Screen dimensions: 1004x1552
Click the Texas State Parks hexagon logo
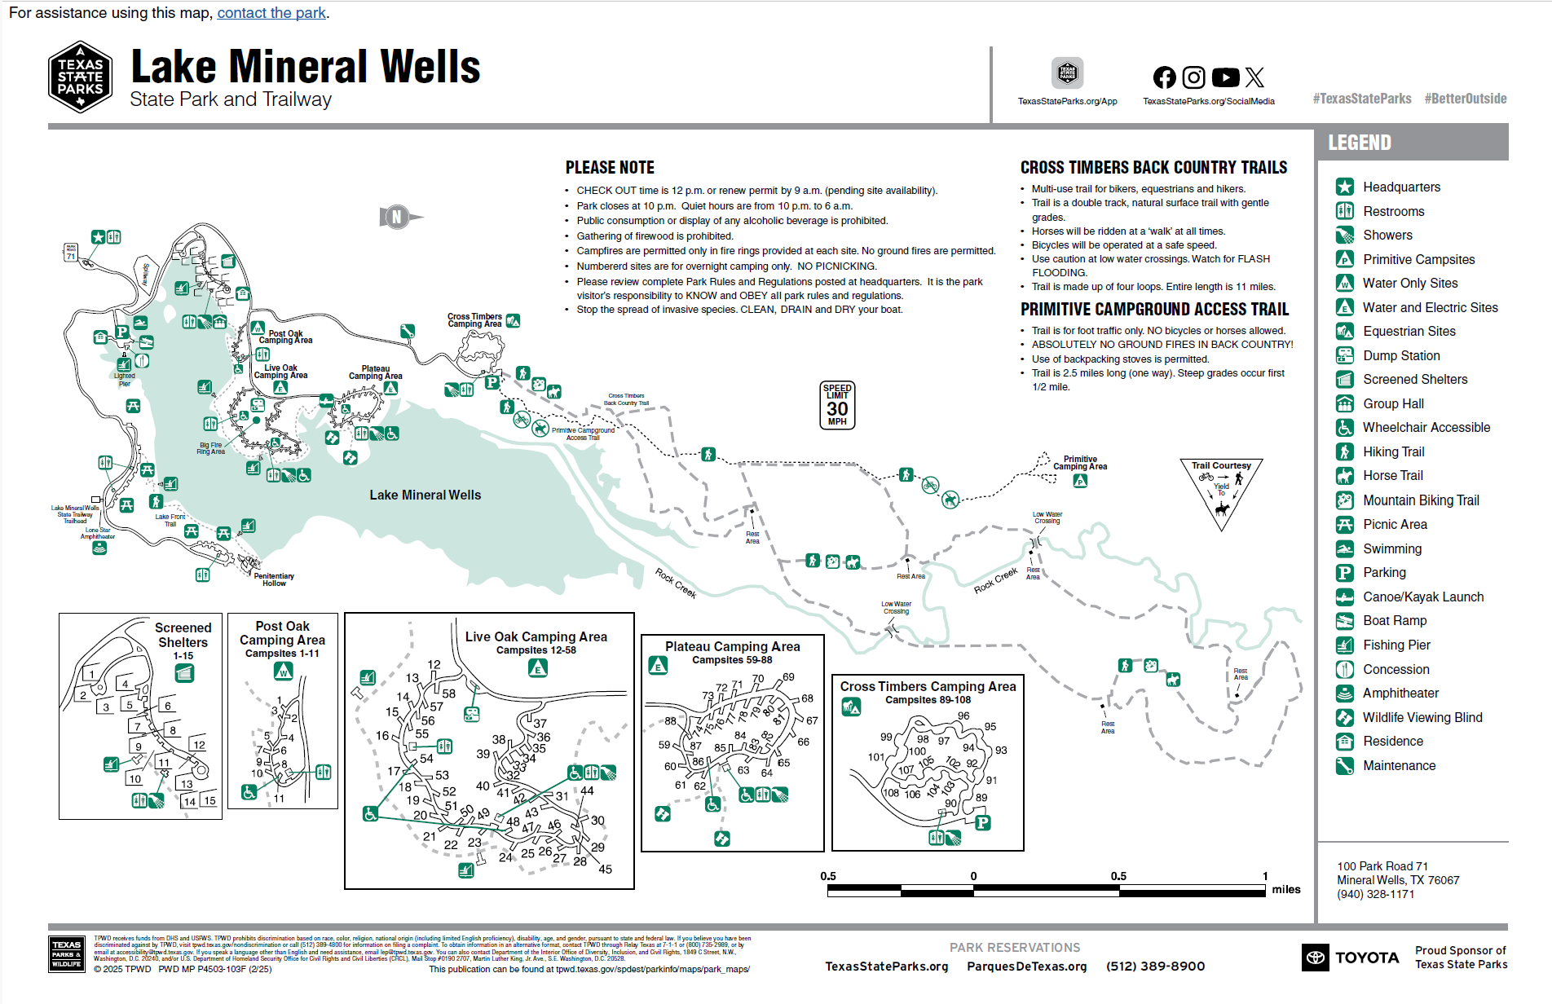click(80, 77)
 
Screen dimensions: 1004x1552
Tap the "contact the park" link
click(271, 13)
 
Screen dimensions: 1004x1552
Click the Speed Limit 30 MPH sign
click(837, 405)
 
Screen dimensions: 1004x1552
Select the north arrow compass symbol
click(397, 217)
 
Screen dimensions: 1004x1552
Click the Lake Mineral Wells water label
click(425, 495)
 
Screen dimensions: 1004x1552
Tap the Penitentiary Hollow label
click(274, 579)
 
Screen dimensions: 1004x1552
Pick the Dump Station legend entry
click(1400, 355)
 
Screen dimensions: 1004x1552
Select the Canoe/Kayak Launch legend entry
click(1422, 597)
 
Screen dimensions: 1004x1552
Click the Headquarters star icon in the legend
click(1345, 187)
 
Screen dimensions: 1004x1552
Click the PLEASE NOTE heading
click(610, 168)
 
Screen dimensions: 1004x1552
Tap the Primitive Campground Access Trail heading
click(1154, 310)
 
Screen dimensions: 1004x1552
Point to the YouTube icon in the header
click(1225, 77)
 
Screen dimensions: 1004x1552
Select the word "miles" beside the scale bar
click(1286, 889)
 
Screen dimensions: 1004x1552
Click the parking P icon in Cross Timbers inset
click(983, 822)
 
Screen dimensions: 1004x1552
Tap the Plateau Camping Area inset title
click(732, 646)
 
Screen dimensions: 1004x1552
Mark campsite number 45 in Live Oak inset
click(605, 869)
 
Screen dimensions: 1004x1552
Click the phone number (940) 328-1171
click(1375, 894)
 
